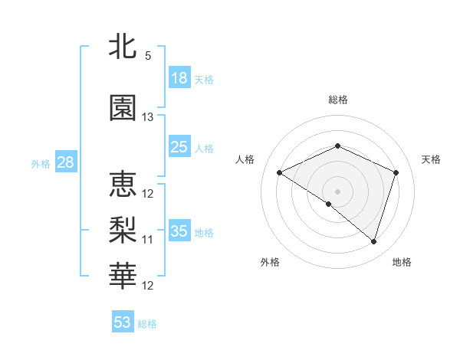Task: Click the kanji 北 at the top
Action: click(x=123, y=47)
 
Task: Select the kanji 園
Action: click(x=123, y=108)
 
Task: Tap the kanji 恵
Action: click(x=123, y=184)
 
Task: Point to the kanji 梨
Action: click(x=123, y=229)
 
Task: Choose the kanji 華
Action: click(x=123, y=275)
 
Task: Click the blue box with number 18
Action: click(x=179, y=78)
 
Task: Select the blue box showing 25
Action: click(x=179, y=147)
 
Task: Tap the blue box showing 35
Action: click(x=179, y=231)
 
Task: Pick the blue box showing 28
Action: click(x=65, y=162)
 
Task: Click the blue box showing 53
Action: click(x=123, y=322)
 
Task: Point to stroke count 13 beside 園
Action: click(x=148, y=117)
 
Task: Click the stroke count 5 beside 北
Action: click(x=148, y=56)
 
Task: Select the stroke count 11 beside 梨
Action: click(x=148, y=240)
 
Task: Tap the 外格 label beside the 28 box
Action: click(x=41, y=163)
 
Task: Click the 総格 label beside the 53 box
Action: click(x=147, y=324)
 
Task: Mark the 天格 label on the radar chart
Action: click(x=431, y=159)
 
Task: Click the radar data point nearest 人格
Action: click(x=280, y=173)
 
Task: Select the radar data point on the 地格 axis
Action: click(x=373, y=242)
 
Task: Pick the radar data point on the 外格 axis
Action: click(x=329, y=204)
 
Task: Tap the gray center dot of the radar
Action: click(x=337, y=191)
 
